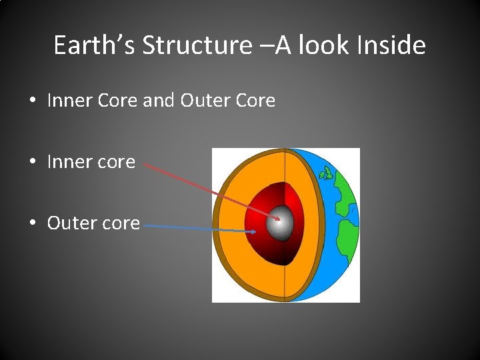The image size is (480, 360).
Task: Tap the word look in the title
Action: pyautogui.click(x=321, y=45)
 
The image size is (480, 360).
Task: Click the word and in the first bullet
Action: pyautogui.click(x=158, y=101)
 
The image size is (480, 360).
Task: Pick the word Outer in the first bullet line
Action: pyautogui.click(x=203, y=101)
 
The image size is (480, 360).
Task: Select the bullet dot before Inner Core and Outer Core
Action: pyautogui.click(x=32, y=101)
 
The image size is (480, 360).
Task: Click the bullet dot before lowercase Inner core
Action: pyautogui.click(x=32, y=162)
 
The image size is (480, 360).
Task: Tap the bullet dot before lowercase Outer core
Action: pyautogui.click(x=32, y=223)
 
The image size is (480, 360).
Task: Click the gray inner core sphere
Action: pyautogui.click(x=281, y=224)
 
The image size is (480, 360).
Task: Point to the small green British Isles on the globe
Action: pyautogui.click(x=326, y=174)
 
